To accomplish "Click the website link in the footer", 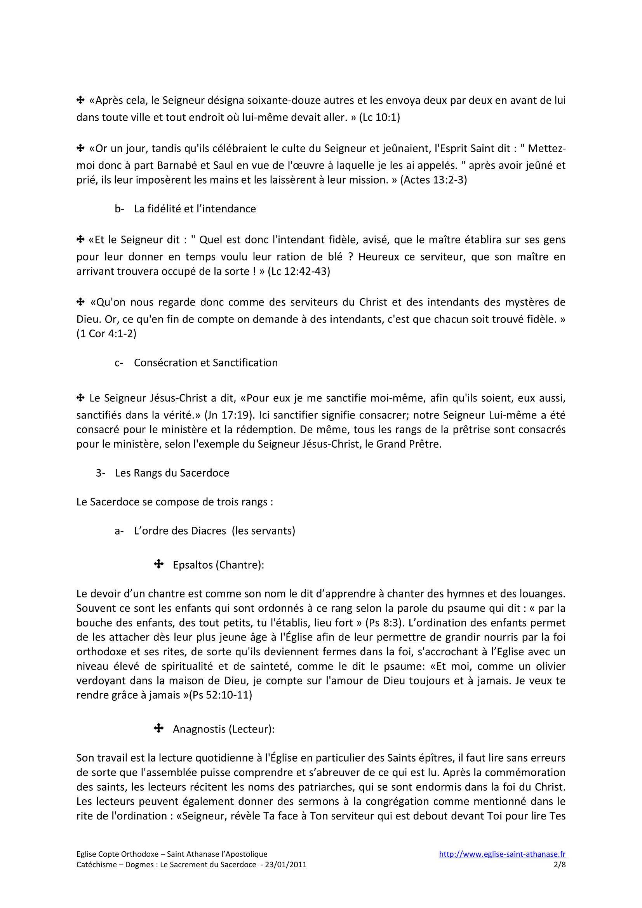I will point(502,854).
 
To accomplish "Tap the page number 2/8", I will point(559,865).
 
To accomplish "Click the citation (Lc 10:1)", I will point(379,118).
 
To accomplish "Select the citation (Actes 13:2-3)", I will point(433,180).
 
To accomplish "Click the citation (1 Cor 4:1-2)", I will point(106,334).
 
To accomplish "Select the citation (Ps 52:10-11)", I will point(220,695).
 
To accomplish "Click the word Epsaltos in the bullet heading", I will point(193,565).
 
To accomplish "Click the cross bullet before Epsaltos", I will point(158,564).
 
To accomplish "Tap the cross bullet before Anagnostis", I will point(158,728).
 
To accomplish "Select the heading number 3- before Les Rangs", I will point(101,473).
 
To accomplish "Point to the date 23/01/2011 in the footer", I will point(285,865).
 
